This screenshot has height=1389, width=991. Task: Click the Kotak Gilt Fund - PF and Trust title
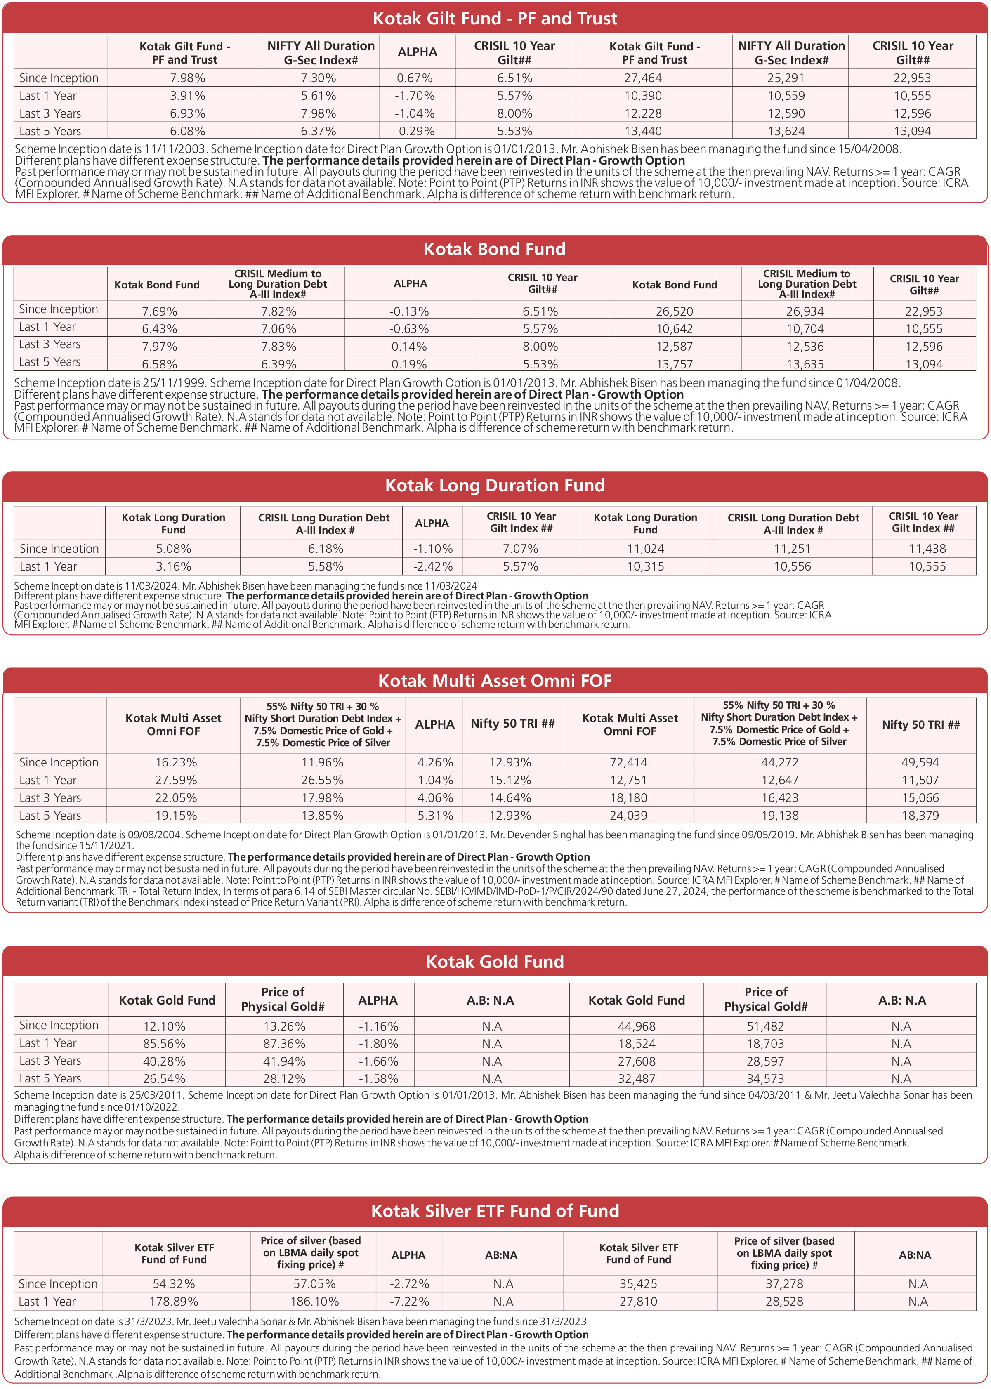coord(495,18)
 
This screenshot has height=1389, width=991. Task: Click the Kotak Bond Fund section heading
coord(495,249)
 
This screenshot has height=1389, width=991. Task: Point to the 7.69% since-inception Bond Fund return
coord(160,311)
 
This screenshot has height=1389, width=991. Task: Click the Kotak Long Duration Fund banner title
coord(495,486)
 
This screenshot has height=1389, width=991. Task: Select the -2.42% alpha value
coord(433,567)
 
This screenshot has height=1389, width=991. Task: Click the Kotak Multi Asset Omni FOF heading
coord(495,682)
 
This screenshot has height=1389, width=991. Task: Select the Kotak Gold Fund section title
coord(495,962)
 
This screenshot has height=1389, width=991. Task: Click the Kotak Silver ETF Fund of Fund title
coord(495,1211)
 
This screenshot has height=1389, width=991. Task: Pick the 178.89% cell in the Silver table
coord(174,1302)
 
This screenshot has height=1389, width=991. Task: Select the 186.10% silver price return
coord(314,1302)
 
